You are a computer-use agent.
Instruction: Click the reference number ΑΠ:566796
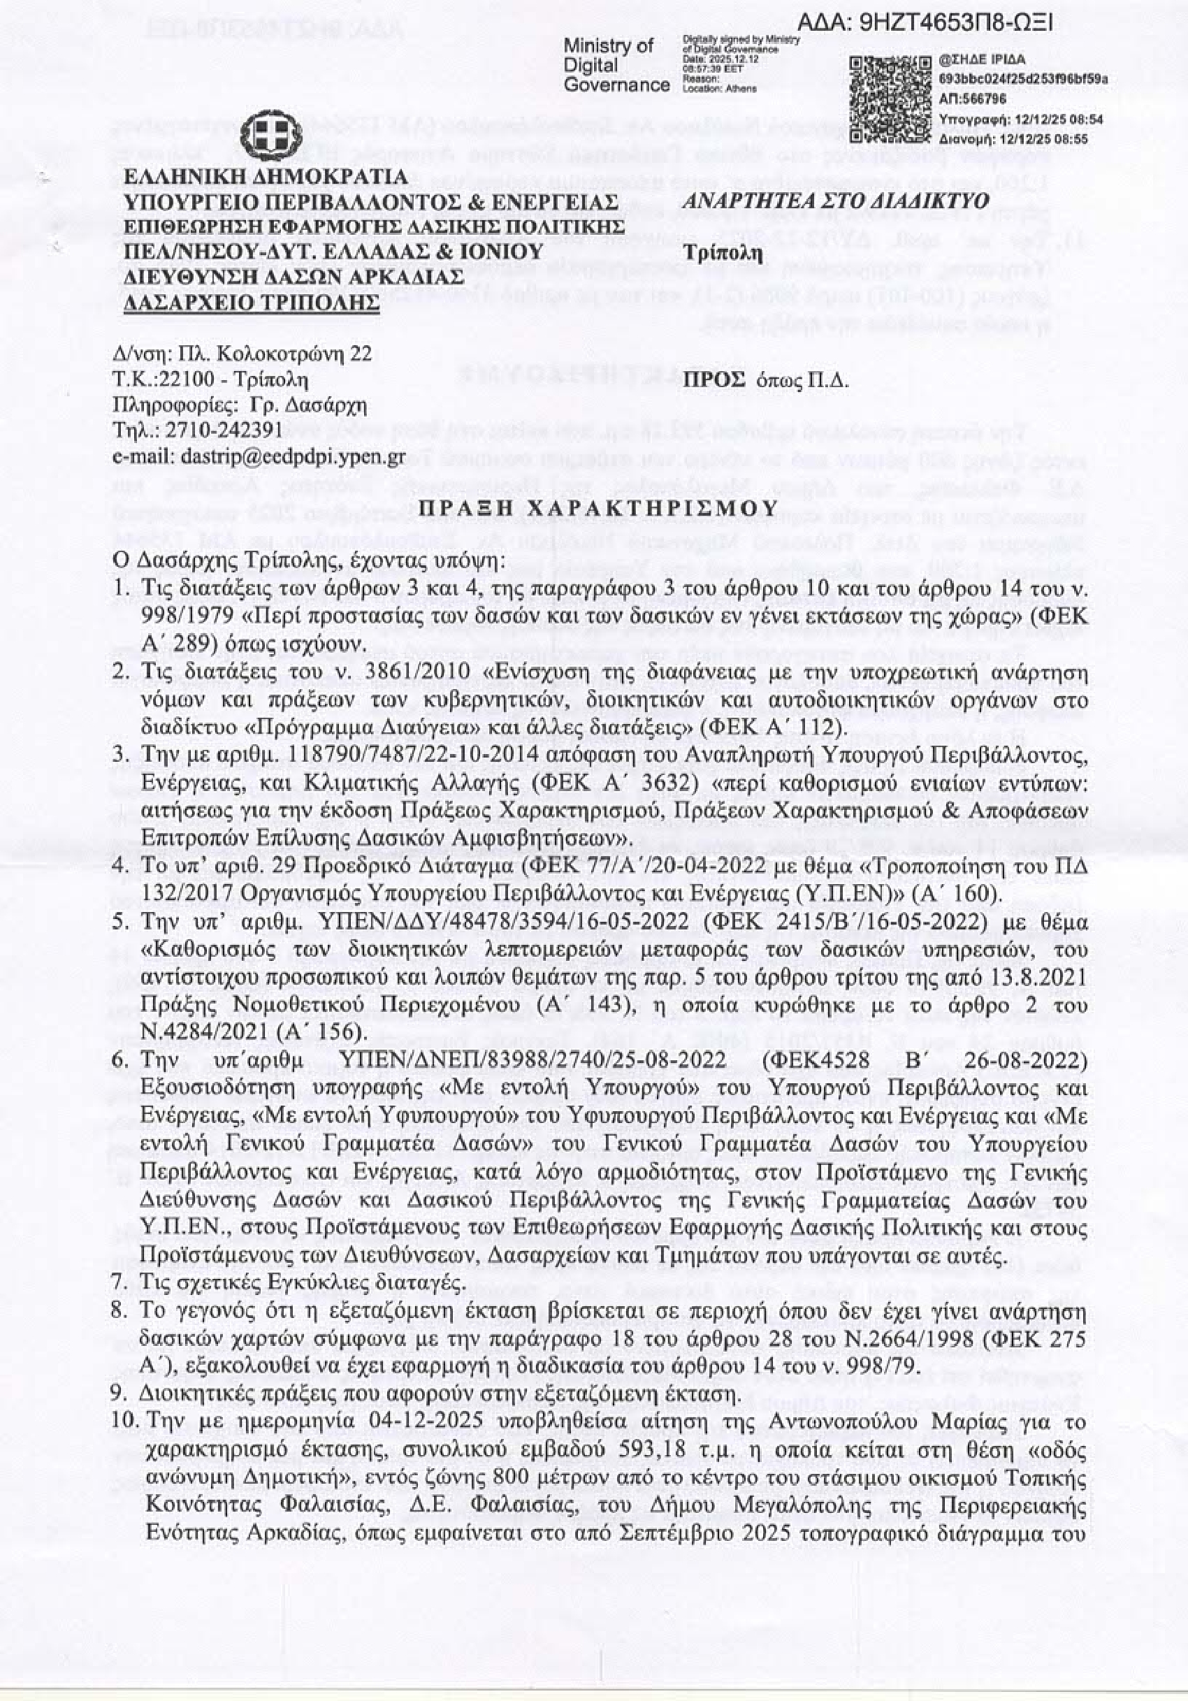tap(972, 98)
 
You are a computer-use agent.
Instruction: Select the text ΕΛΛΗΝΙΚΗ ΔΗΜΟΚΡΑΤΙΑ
tap(266, 178)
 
